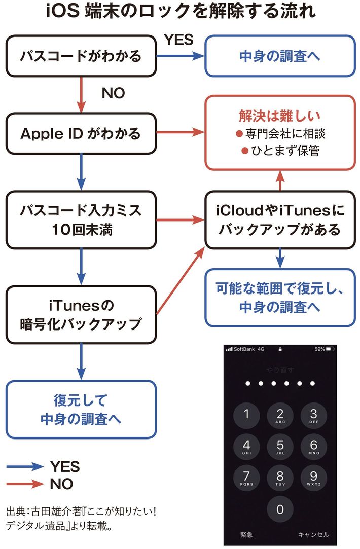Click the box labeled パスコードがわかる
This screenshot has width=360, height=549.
coord(81,56)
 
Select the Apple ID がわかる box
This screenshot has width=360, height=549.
coord(81,134)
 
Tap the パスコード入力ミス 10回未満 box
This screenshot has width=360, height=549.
coord(81,219)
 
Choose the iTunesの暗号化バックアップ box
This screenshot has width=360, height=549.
coord(81,314)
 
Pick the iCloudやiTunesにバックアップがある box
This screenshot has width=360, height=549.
coord(279,219)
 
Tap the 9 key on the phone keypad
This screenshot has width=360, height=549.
coord(313,478)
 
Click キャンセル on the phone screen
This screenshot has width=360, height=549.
coord(313,534)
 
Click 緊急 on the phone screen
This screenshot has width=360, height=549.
coord(246,534)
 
